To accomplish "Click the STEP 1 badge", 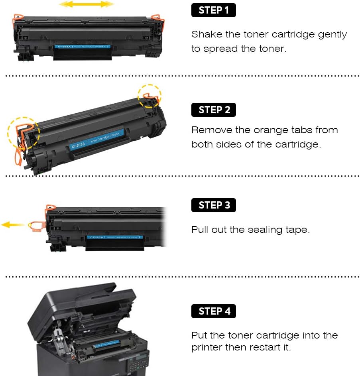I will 214,10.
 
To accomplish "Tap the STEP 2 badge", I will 214,110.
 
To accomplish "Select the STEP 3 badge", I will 214,205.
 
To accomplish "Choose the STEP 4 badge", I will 214,311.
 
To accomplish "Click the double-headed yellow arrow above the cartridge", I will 87,4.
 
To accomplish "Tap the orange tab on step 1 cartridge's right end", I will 157,18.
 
